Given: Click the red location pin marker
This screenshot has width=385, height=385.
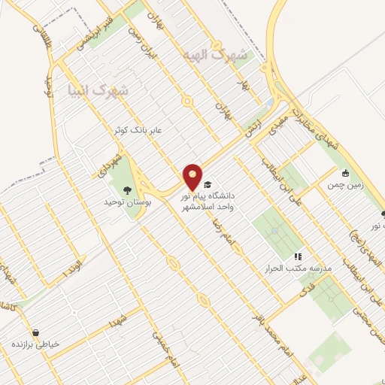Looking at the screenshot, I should point(193,177).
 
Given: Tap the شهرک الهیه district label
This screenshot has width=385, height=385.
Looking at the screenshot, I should point(214,56).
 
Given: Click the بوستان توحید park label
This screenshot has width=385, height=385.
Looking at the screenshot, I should point(123,203).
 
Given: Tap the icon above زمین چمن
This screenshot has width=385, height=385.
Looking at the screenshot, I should point(345,172).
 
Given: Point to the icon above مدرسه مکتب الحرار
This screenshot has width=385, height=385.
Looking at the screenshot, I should point(298,256).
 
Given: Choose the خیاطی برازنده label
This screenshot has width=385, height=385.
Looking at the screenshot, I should point(35,344).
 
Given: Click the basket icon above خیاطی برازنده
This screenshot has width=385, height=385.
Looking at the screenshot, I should point(35,332).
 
